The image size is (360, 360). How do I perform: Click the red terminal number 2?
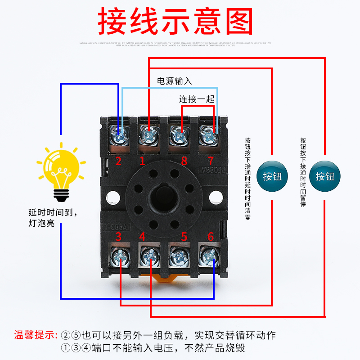pos(118,161)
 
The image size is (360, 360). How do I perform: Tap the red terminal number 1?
pos(142,161)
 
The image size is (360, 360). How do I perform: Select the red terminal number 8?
pos(184,161)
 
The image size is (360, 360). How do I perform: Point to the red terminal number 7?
pos(210,161)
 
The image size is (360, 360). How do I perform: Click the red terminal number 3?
pos(118,236)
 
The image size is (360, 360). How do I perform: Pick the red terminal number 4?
pos(142,236)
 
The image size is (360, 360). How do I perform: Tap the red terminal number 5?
pos(184,236)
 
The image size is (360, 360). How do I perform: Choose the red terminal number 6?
pos(210,236)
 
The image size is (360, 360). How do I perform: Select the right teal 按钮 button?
pos(325,176)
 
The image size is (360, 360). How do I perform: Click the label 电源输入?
pos(174,81)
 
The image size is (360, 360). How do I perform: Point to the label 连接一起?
pos(197,99)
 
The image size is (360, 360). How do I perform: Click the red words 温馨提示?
pos(35,335)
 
